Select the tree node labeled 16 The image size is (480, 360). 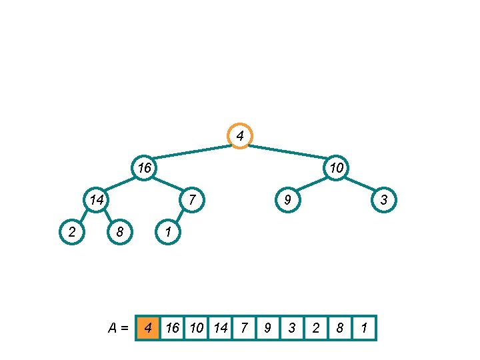pyautogui.click(x=144, y=167)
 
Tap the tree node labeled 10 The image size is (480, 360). pyautogui.click(x=336, y=167)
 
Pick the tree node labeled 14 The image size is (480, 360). pyautogui.click(x=96, y=199)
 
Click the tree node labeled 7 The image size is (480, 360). pyautogui.click(x=192, y=199)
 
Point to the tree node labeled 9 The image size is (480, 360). pyautogui.click(x=287, y=199)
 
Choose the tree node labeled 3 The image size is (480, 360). pyautogui.click(x=384, y=199)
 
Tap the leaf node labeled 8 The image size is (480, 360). pyautogui.click(x=120, y=231)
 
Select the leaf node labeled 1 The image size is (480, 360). pyautogui.click(x=168, y=231)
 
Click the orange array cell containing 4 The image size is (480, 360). pyautogui.click(x=148, y=328)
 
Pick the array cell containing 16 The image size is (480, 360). pyautogui.click(x=172, y=328)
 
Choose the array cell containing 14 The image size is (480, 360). pyautogui.click(x=220, y=328)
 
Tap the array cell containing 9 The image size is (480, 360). pyautogui.click(x=268, y=328)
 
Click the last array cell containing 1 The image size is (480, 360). pyautogui.click(x=364, y=328)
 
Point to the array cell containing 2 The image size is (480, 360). pyautogui.click(x=316, y=328)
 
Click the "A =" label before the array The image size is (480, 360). pyautogui.click(x=118, y=328)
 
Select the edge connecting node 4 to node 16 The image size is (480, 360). pyautogui.click(x=192, y=151)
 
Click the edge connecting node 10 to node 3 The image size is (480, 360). pyautogui.click(x=360, y=183)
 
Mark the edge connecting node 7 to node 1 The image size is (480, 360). pyautogui.click(x=180, y=215)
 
